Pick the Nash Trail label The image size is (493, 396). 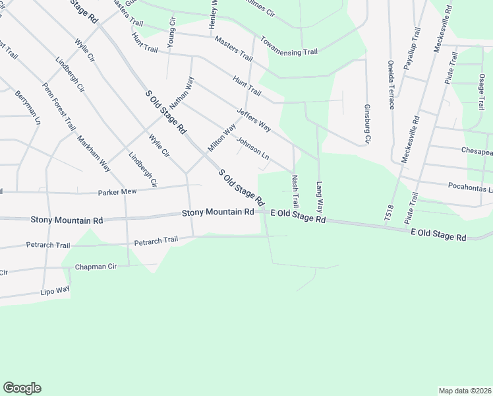[x=295, y=189]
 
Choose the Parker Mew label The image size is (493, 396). [x=117, y=192]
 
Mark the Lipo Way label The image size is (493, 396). [x=55, y=290]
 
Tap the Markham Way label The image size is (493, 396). [x=93, y=154]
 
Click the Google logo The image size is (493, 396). [x=22, y=388]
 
